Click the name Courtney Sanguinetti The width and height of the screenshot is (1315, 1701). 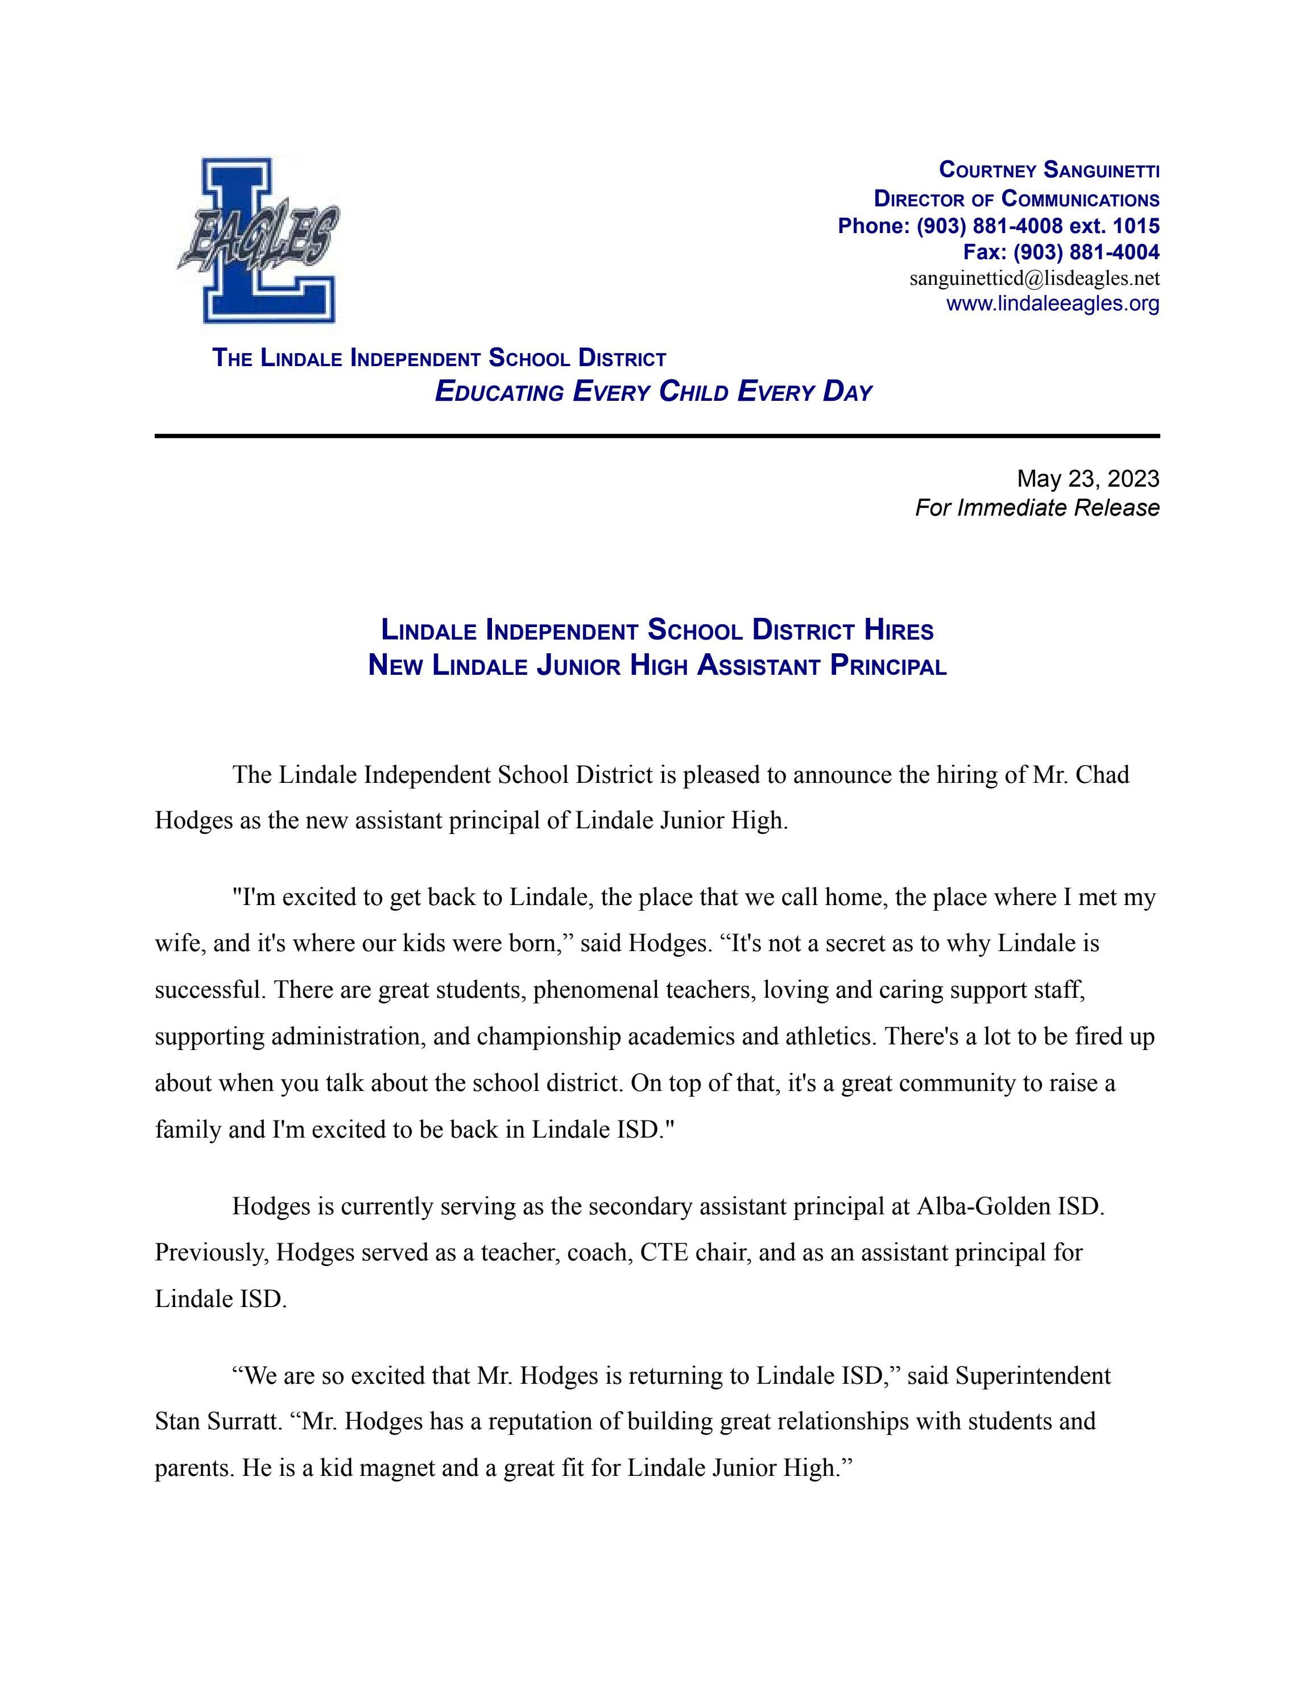(x=1049, y=170)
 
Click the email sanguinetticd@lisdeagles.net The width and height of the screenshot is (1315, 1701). (x=1034, y=278)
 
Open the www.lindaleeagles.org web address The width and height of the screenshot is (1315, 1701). (x=1052, y=304)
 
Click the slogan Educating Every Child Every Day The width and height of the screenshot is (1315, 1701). (x=653, y=392)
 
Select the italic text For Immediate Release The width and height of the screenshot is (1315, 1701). (x=1037, y=508)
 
